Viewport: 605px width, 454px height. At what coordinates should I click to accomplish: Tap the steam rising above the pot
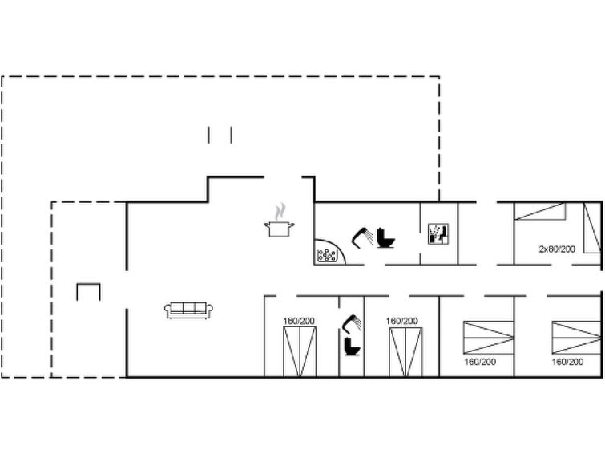point(280,211)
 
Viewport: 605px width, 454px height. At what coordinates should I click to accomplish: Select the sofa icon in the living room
point(188,310)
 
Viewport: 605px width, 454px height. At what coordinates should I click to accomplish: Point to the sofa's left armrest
point(167,310)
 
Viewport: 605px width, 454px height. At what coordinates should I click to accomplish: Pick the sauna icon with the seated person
point(438,234)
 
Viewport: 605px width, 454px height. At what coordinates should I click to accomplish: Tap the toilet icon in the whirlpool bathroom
point(386,238)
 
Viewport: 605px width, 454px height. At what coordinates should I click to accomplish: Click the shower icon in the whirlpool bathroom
point(362,238)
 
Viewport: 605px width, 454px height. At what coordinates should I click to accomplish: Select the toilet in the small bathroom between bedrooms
point(352,347)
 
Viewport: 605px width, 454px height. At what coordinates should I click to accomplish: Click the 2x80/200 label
point(557,249)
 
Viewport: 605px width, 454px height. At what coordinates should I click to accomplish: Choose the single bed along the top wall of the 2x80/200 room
point(540,211)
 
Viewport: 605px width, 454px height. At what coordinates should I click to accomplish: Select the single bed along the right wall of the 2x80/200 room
point(592,228)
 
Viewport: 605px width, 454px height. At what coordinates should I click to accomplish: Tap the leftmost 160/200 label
point(299,321)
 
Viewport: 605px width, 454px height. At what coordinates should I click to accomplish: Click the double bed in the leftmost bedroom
point(300,351)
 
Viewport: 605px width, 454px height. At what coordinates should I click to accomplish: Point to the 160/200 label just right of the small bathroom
point(401,321)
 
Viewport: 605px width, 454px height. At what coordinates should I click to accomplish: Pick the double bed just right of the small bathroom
point(405,352)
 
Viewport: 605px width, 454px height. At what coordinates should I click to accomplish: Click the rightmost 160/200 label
point(567,362)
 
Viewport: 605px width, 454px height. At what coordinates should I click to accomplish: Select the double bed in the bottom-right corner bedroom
point(576,337)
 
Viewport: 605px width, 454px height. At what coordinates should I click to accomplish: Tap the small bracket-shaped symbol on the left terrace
point(88,285)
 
